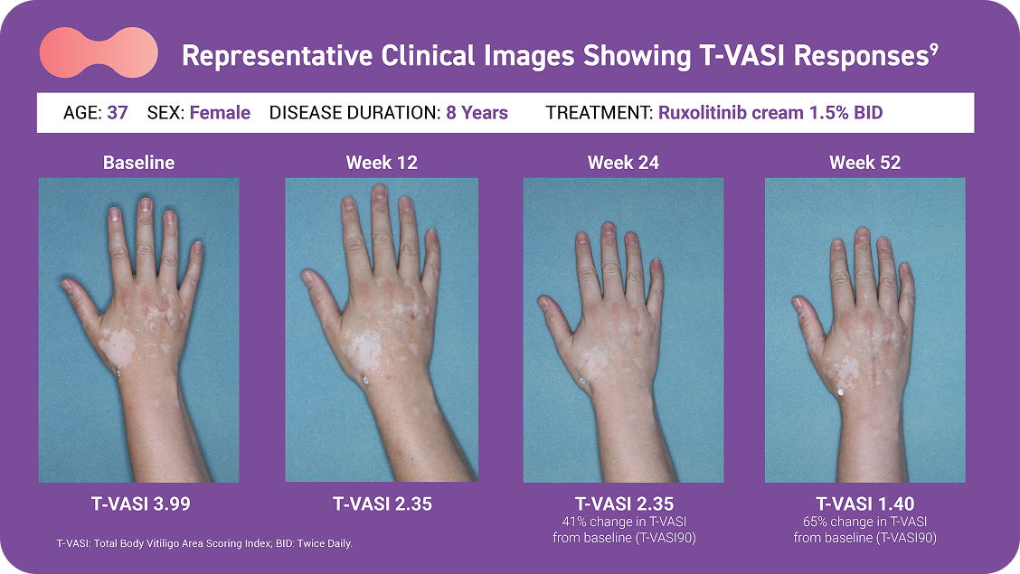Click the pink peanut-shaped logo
click(x=99, y=52)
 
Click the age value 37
click(x=117, y=112)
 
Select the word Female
click(x=220, y=112)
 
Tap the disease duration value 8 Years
click(x=477, y=112)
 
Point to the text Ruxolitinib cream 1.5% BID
click(x=770, y=112)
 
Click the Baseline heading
click(x=138, y=163)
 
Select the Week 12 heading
click(x=382, y=163)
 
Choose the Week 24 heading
click(x=623, y=163)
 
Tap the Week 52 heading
click(x=865, y=163)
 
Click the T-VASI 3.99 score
click(x=140, y=503)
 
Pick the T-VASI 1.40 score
click(x=865, y=503)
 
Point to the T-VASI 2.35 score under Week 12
click(x=382, y=503)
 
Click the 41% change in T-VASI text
click(x=625, y=522)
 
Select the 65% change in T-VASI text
click(x=865, y=522)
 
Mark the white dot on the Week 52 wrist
click(x=840, y=392)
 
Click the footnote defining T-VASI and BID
click(x=204, y=543)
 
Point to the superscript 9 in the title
click(x=934, y=49)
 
